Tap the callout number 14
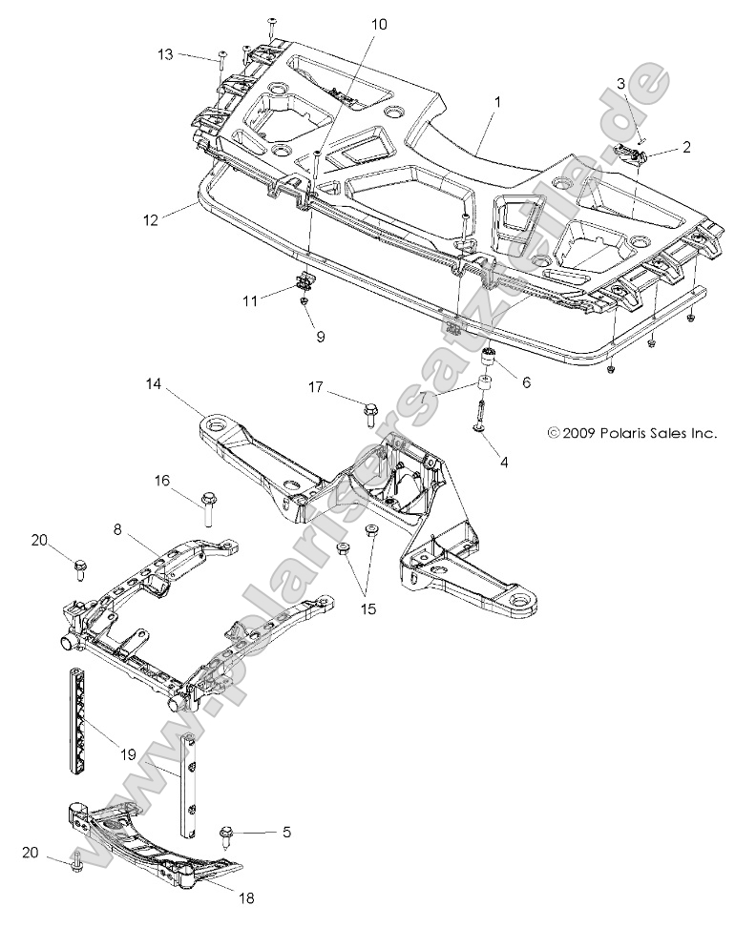154,385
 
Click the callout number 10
379,24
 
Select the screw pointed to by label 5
229,833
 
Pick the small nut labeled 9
304,302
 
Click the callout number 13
165,54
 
